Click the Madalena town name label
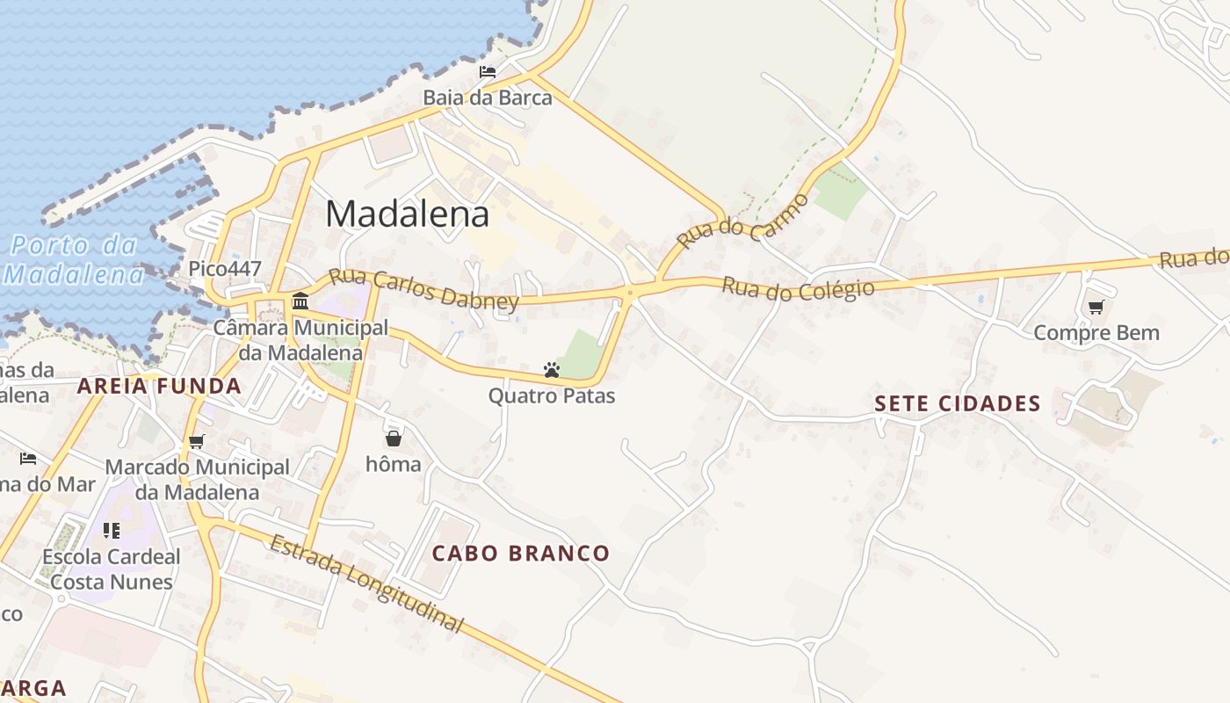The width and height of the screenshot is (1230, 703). pyautogui.click(x=408, y=214)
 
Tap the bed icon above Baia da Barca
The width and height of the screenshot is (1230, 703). pyautogui.click(x=488, y=72)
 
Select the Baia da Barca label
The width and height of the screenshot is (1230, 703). pyautogui.click(x=488, y=98)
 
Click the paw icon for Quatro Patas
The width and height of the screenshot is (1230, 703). pyautogui.click(x=552, y=371)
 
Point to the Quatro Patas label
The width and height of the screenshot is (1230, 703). pyautogui.click(x=552, y=396)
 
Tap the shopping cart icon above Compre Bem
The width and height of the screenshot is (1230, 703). pyautogui.click(x=1096, y=308)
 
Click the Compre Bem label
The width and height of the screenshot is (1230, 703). pyautogui.click(x=1096, y=333)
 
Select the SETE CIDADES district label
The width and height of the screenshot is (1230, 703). pyautogui.click(x=958, y=404)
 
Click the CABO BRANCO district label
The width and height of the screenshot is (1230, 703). pyautogui.click(x=521, y=554)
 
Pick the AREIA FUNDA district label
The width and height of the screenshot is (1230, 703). pyautogui.click(x=159, y=386)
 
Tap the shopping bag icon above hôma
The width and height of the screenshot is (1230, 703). pyautogui.click(x=393, y=438)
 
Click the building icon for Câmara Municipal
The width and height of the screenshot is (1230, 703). pyautogui.click(x=300, y=301)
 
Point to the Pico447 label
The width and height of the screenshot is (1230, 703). pyautogui.click(x=225, y=268)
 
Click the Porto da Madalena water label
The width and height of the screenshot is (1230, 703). pyautogui.click(x=75, y=260)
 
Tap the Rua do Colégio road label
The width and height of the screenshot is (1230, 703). pyautogui.click(x=798, y=288)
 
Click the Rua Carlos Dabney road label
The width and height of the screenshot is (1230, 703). pyautogui.click(x=423, y=290)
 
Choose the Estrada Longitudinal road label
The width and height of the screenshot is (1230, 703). pyautogui.click(x=365, y=583)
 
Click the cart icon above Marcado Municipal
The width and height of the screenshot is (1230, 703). pyautogui.click(x=197, y=441)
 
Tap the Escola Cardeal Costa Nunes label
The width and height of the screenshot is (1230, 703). pyautogui.click(x=112, y=569)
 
